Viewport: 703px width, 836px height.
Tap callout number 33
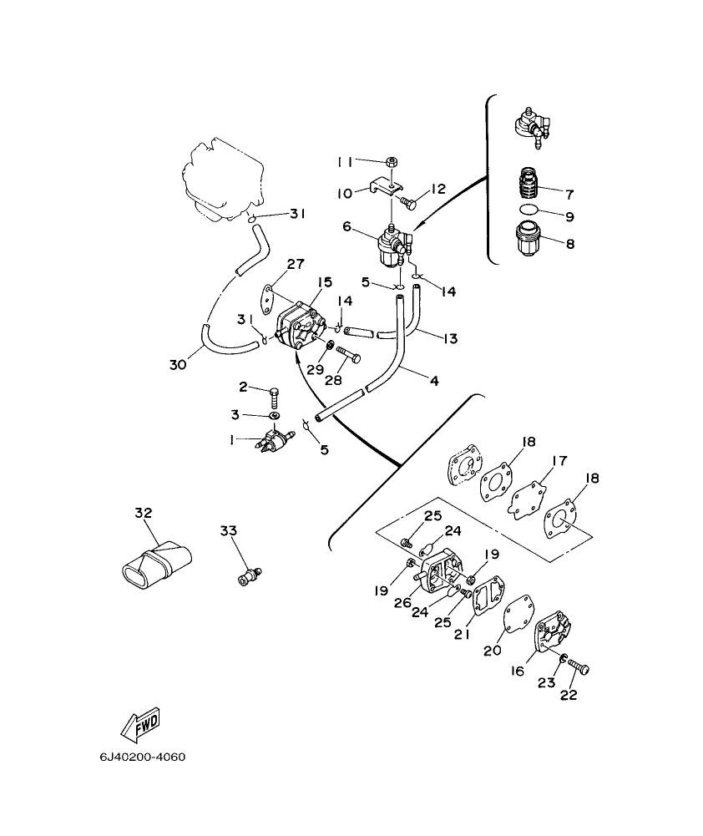tap(229, 530)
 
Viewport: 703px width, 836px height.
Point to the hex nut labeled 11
tap(391, 161)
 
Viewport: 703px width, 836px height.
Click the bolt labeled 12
tap(407, 201)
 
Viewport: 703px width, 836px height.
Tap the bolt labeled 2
tap(274, 393)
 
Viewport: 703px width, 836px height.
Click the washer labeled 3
tap(274, 415)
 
